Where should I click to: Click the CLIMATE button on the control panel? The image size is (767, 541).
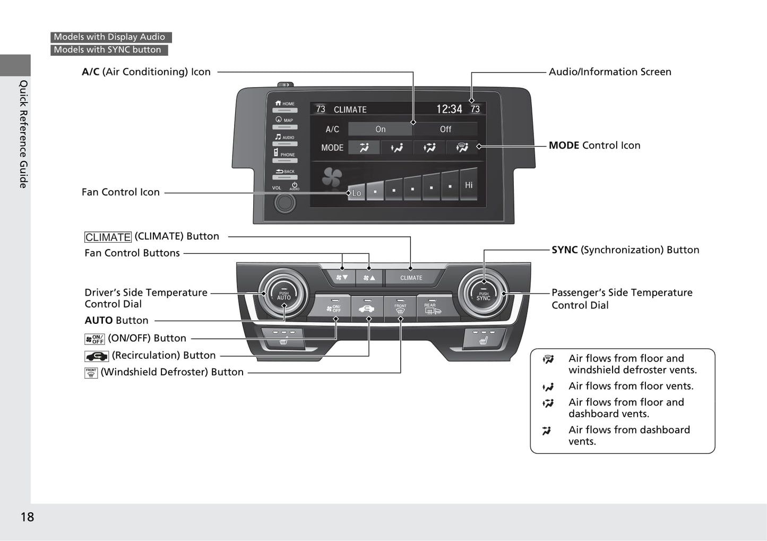[411, 277]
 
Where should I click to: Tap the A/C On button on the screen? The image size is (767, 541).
[380, 129]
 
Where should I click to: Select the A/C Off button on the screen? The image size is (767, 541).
[445, 129]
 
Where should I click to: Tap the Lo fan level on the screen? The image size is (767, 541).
[357, 192]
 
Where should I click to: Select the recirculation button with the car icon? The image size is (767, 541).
[367, 308]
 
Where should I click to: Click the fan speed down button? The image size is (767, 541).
[342, 277]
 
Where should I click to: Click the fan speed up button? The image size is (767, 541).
[369, 277]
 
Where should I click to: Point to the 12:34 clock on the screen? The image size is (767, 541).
[449, 109]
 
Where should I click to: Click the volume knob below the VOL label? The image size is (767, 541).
[285, 202]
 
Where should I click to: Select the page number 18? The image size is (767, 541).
[27, 517]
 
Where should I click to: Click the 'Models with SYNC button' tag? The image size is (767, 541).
[108, 50]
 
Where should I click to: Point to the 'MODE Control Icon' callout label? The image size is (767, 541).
[594, 145]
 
